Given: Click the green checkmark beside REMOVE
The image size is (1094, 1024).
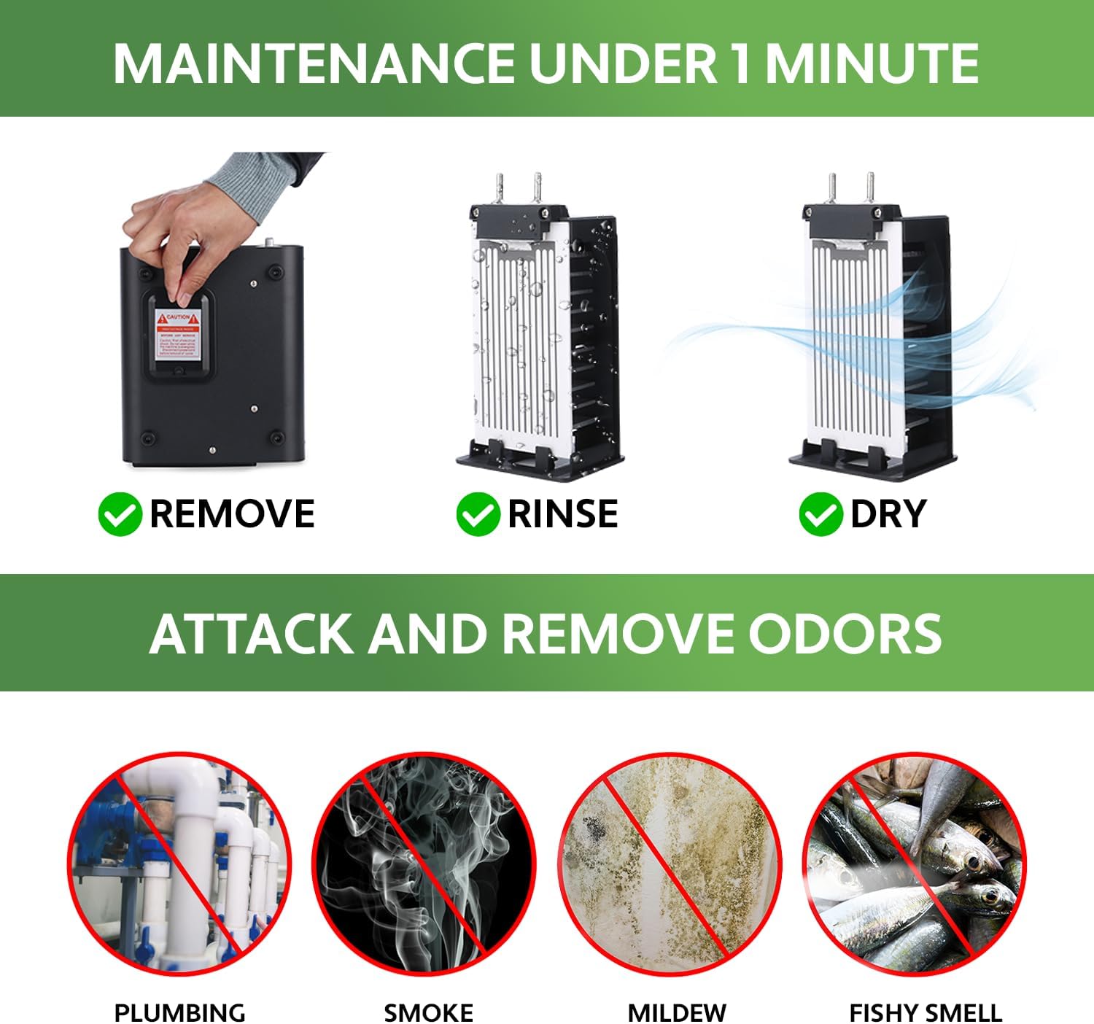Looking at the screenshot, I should coord(119,514).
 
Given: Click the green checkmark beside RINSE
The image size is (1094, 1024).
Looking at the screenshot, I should coord(477,514).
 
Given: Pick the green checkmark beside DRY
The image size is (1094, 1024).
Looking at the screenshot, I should coord(820,514).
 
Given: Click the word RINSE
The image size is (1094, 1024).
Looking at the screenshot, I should coord(562,514).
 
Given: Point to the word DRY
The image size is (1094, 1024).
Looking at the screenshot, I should coord(888,514).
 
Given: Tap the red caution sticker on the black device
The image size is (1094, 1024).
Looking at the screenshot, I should coord(178,335).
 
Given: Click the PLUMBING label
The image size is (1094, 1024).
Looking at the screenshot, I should coord(179,1012).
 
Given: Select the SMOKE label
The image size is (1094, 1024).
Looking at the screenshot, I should coord(428,1012).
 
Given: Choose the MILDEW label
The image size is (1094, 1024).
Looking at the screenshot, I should coord(676,1012).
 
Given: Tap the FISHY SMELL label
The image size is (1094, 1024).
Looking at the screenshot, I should coord(925,1012).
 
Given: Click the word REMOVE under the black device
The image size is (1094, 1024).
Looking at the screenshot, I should coord(232,514).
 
